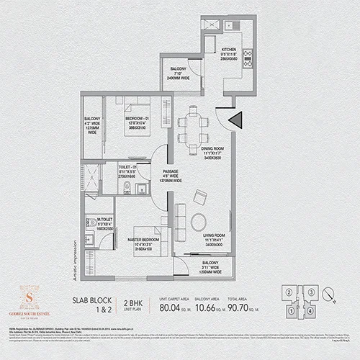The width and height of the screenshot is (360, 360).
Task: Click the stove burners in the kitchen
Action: click(x=247, y=58)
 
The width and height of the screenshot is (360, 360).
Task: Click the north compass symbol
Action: click(x=329, y=293)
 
